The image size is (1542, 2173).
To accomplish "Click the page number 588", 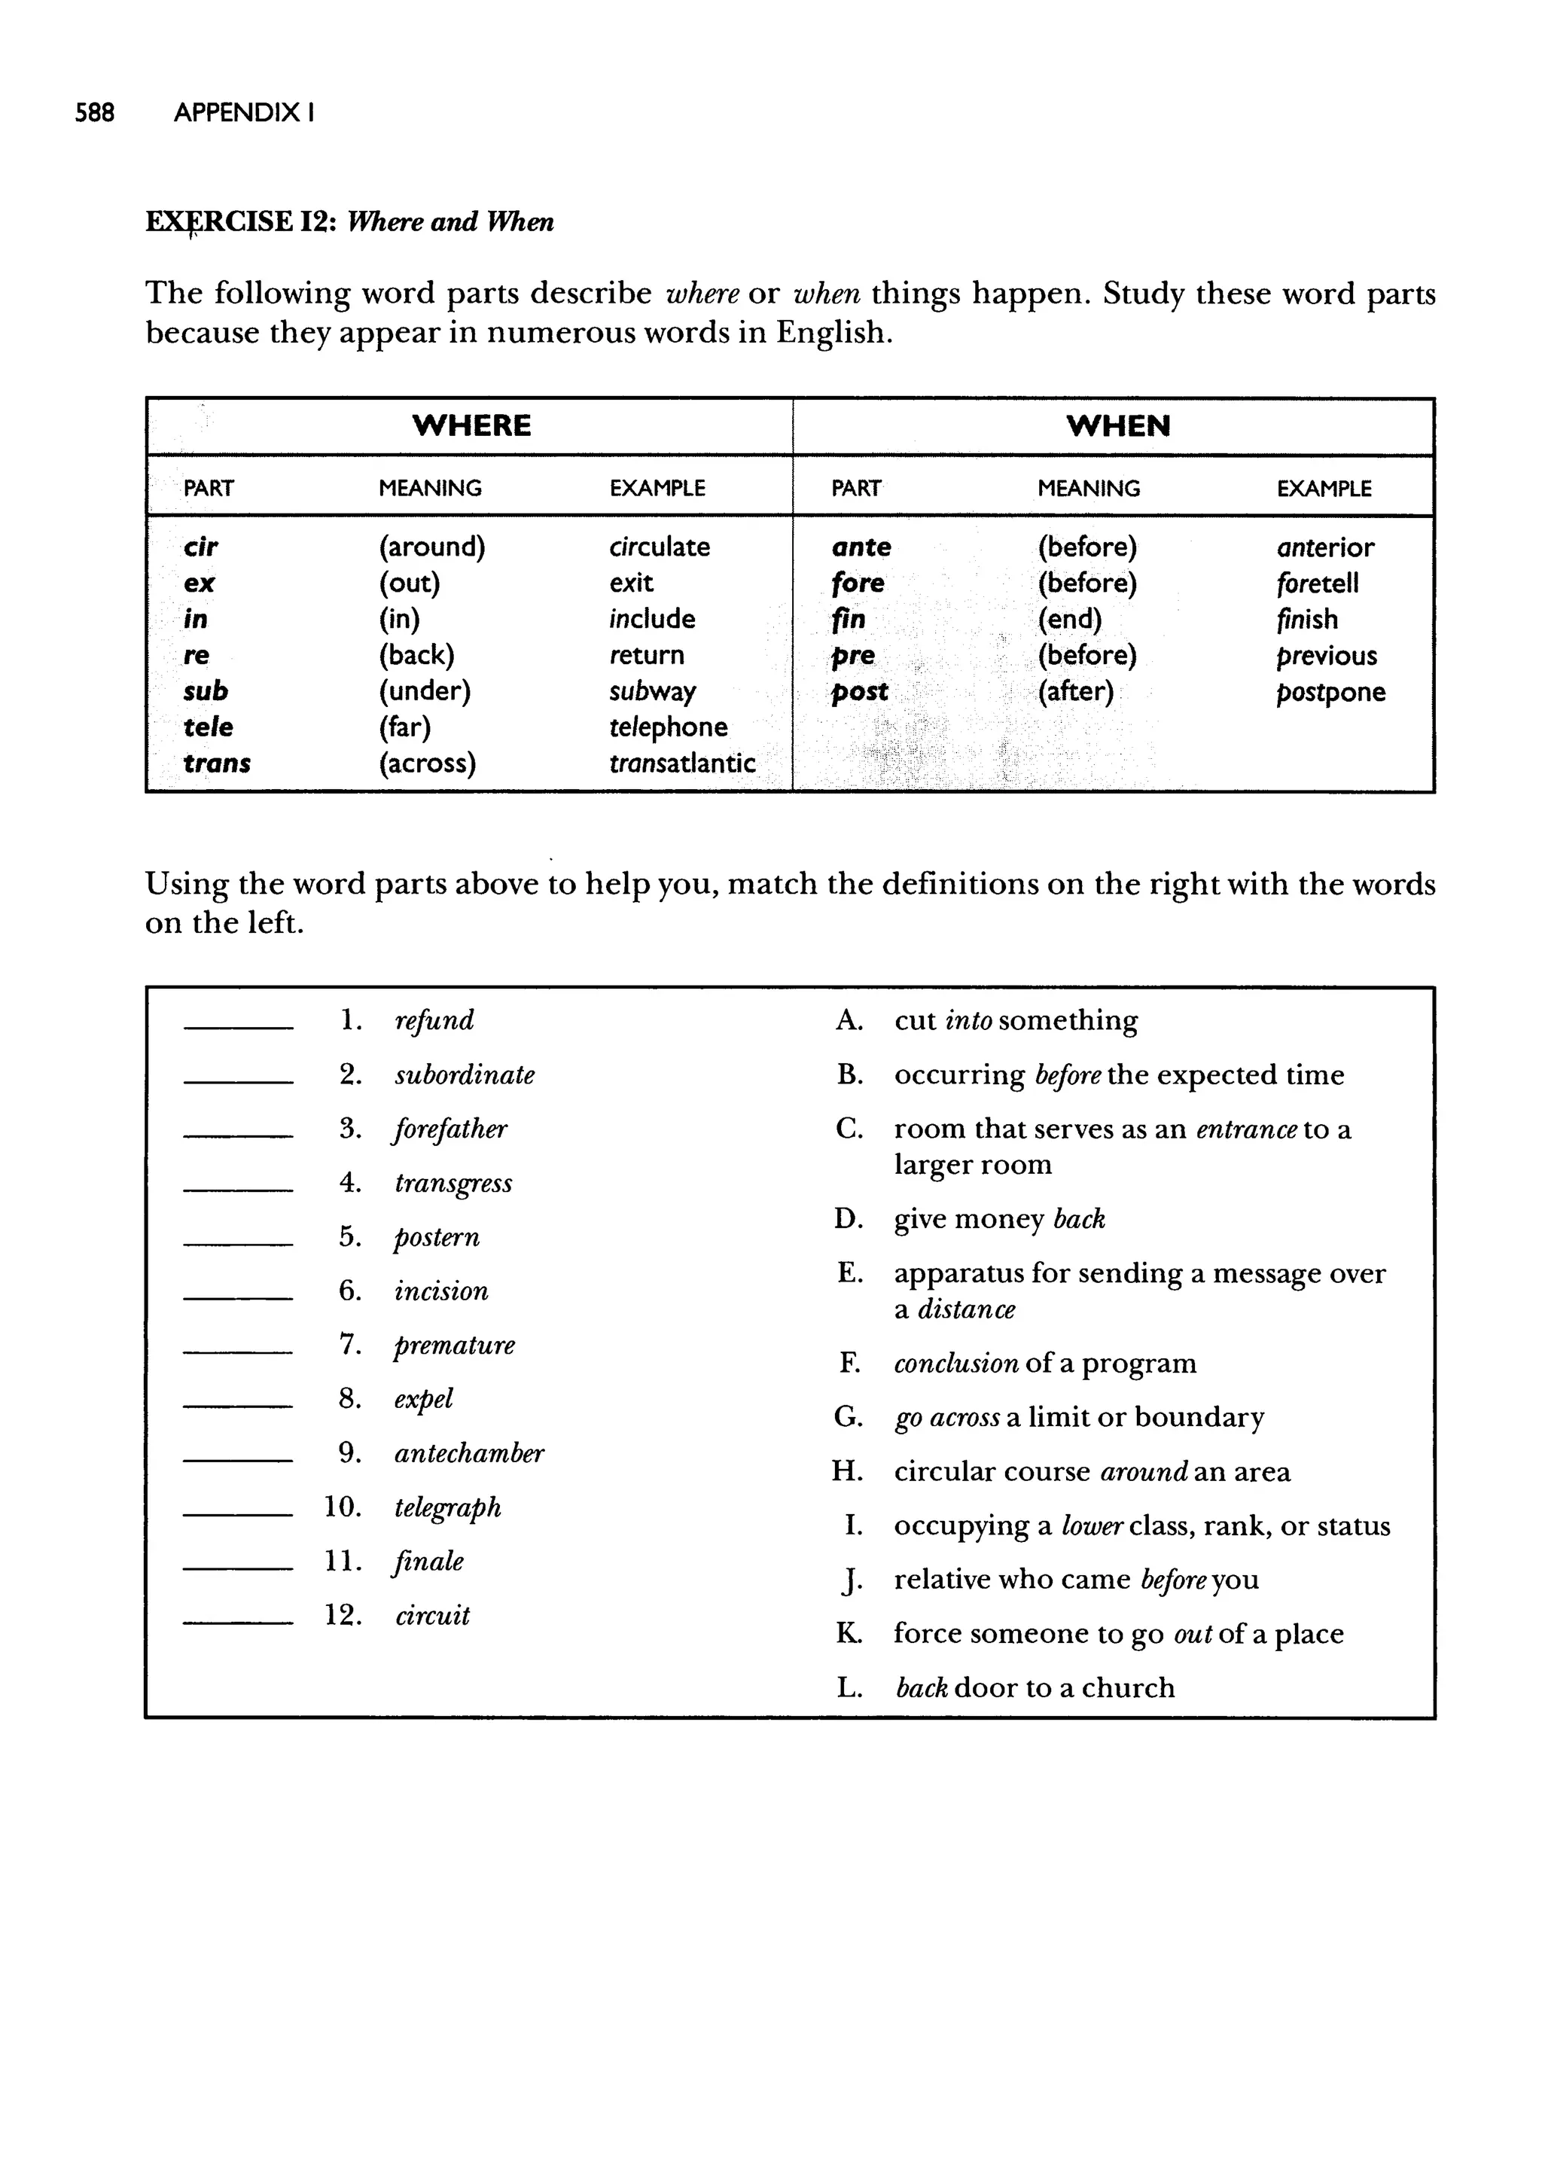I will pyautogui.click(x=94, y=113).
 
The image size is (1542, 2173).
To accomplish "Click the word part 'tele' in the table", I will pyautogui.click(x=208, y=727).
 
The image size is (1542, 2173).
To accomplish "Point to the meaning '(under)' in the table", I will pyautogui.click(x=425, y=691).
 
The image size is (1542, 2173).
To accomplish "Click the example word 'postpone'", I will pyautogui.click(x=1330, y=692).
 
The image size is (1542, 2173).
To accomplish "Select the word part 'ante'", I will pyautogui.click(x=861, y=547).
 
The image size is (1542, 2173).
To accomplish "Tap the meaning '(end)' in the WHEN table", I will pyautogui.click(x=1069, y=619).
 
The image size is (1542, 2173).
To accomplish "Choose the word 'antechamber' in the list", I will pyautogui.click(x=469, y=1453).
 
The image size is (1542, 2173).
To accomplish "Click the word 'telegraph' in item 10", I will pyautogui.click(x=447, y=1507).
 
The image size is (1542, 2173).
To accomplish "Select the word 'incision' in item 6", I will pyautogui.click(x=441, y=1291).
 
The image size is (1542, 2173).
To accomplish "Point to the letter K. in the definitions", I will pyautogui.click(x=848, y=1634).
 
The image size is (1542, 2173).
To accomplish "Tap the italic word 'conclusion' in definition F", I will pyautogui.click(x=955, y=1364).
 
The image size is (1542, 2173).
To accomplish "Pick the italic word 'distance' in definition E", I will pyautogui.click(x=966, y=1309).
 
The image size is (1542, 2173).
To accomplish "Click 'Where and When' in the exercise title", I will pyautogui.click(x=450, y=222).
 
